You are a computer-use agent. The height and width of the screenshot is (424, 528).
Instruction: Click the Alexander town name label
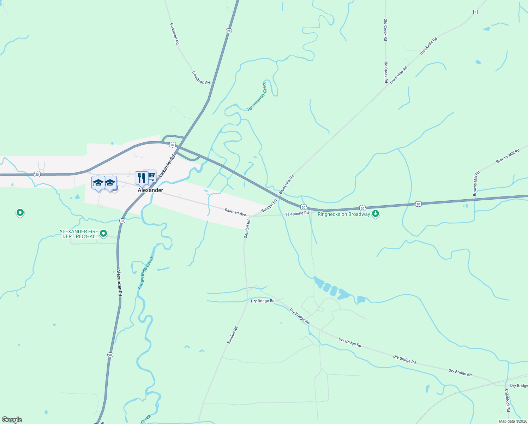tap(150, 190)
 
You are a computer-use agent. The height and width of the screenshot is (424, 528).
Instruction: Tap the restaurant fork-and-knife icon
tap(141, 178)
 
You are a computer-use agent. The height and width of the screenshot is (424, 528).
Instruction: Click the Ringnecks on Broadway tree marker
tap(376, 214)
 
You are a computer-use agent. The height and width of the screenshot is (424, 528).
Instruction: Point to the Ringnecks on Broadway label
tap(344, 214)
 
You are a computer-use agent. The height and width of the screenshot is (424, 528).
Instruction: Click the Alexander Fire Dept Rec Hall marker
tap(103, 233)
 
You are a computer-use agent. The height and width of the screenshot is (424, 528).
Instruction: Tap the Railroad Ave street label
tap(235, 212)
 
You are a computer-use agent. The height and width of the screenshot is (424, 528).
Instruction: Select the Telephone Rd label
tap(297, 213)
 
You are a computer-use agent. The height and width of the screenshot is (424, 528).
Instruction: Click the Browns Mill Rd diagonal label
tap(508, 156)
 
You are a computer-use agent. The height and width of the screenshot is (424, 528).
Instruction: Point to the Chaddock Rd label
tap(507, 400)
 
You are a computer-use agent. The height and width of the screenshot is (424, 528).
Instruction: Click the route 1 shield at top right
tap(475, 12)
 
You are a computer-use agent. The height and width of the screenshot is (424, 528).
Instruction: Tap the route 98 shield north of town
tap(229, 31)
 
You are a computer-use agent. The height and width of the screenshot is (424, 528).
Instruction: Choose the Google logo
tap(12, 420)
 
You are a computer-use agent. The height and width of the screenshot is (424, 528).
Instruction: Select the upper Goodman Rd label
tap(174, 34)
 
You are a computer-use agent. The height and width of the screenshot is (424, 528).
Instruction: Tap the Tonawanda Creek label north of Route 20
tap(257, 96)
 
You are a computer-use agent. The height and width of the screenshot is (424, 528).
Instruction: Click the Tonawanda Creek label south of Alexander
tap(146, 273)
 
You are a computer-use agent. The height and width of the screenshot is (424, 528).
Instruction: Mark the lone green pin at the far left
tap(20, 213)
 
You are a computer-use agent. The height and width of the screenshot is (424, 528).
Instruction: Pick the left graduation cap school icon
tap(98, 183)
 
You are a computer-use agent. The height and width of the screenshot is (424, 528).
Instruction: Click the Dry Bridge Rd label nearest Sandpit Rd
tap(263, 301)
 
